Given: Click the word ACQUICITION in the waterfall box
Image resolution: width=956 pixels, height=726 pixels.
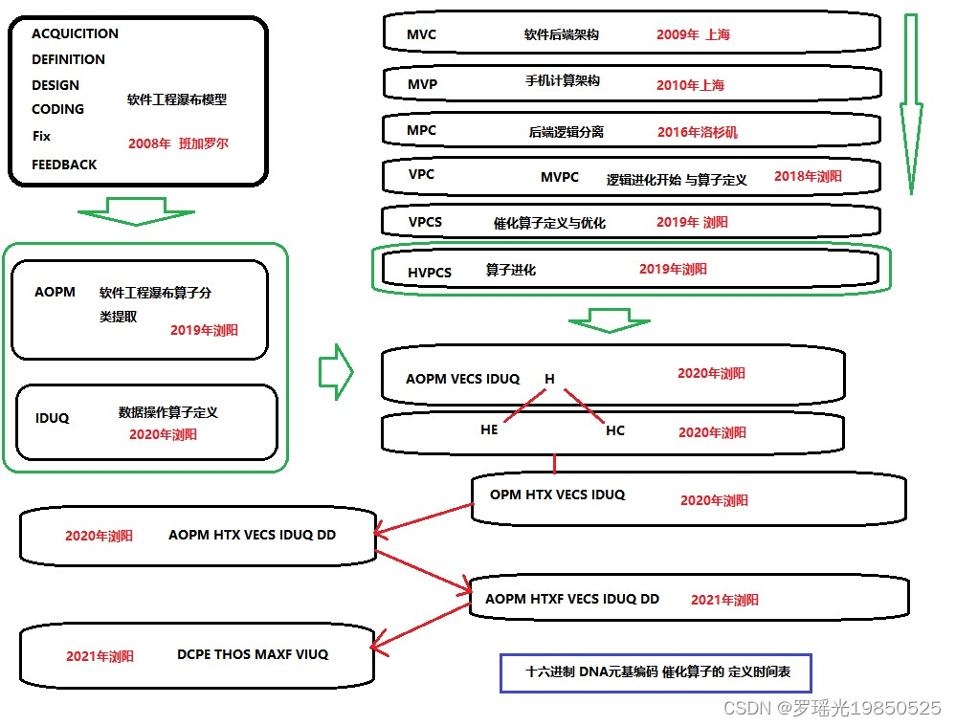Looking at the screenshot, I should [75, 33].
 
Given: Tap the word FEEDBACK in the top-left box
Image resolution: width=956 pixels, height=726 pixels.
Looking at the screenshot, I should [64, 165].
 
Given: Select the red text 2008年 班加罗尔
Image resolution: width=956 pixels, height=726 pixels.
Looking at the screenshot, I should [179, 143].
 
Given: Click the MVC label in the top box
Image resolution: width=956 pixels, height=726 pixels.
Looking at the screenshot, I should [421, 34].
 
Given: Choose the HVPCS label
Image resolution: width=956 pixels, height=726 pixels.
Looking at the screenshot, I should [430, 273].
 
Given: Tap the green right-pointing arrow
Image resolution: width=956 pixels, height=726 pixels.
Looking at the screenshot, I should [335, 372].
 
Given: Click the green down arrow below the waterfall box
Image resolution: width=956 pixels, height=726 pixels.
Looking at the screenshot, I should [136, 211].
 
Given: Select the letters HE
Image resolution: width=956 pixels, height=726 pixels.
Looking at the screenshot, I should [489, 430].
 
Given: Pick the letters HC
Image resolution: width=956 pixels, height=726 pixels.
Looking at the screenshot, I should [615, 430].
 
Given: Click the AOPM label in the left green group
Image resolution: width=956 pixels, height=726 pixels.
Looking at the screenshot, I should [55, 292].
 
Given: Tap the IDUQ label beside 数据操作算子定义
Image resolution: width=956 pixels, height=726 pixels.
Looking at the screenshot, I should [52, 418].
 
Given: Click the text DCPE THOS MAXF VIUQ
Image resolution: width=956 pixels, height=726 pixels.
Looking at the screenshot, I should [253, 654].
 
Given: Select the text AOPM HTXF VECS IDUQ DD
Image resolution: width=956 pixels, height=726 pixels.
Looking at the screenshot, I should [572, 599].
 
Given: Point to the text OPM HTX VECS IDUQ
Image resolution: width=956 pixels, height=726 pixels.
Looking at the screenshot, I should [557, 495].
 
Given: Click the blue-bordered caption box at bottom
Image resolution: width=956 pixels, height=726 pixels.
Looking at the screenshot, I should [656, 672].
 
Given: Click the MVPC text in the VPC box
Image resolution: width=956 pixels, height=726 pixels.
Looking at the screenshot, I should [560, 177].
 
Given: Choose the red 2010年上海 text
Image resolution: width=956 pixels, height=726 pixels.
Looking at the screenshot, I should [690, 85].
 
